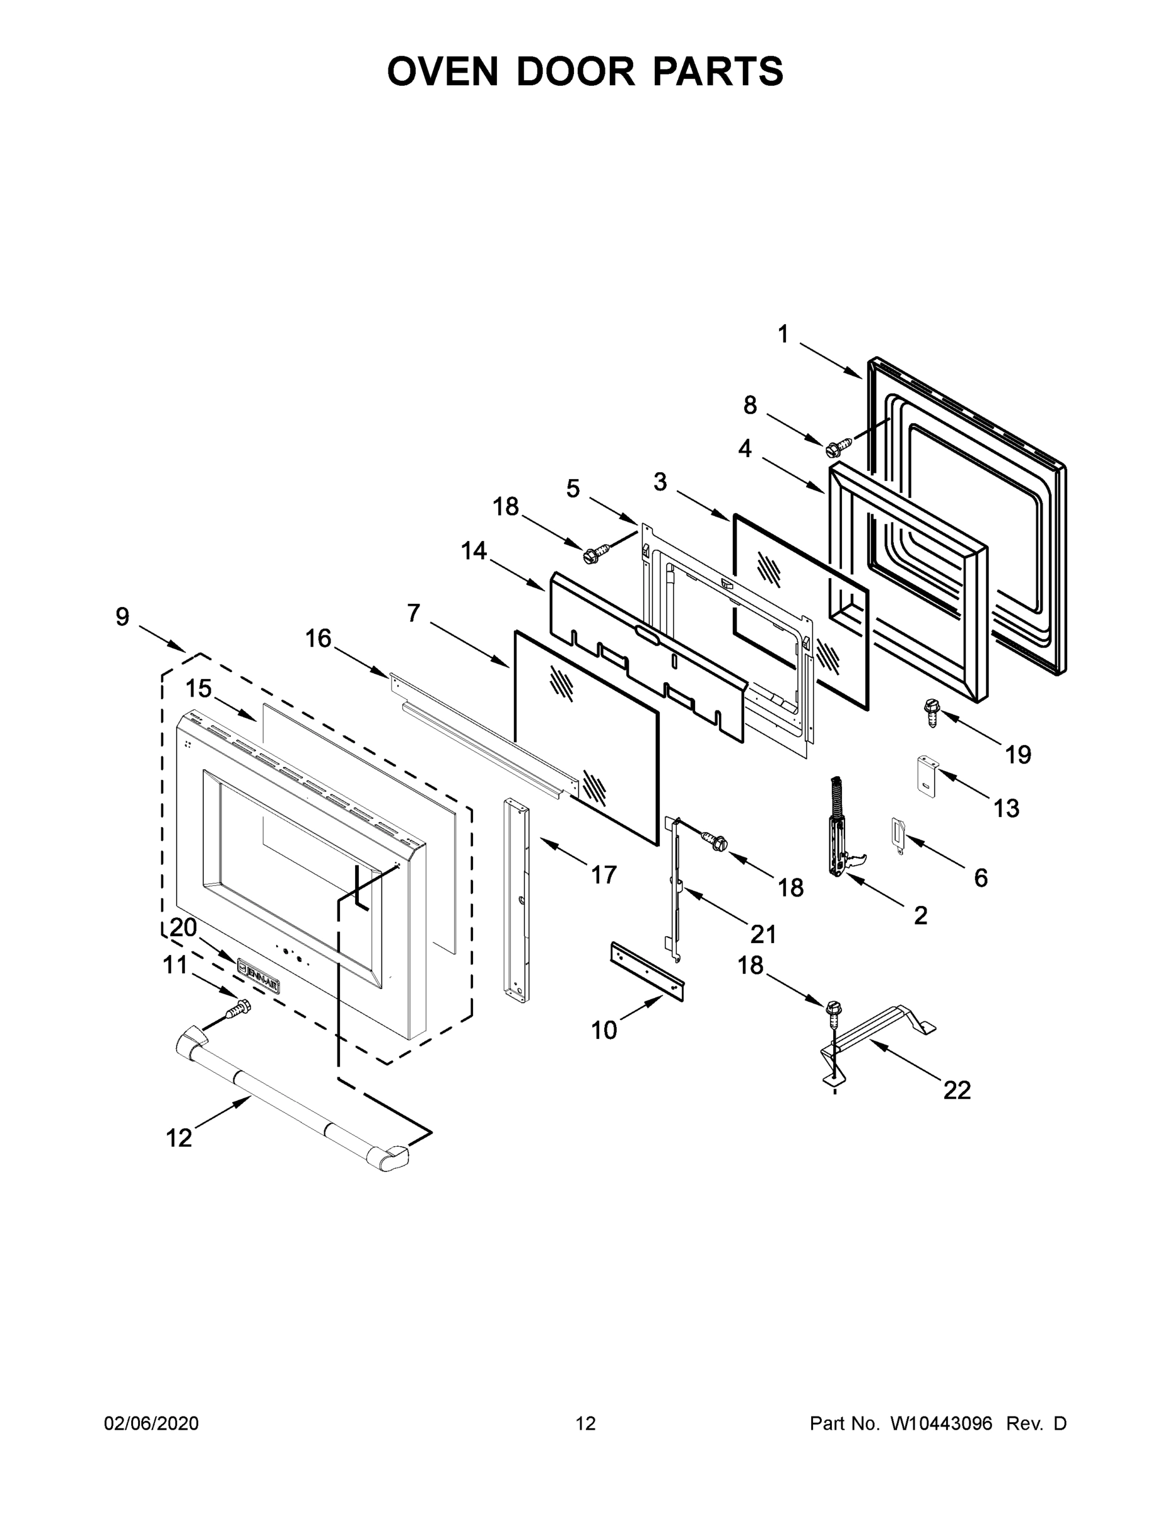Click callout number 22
coord(957,1091)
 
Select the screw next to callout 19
coord(930,712)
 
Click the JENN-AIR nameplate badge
coord(259,974)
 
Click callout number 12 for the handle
coord(179,1137)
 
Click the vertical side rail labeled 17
coord(516,901)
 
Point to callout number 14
coord(474,552)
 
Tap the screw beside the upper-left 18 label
coord(596,554)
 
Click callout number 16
coord(318,639)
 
